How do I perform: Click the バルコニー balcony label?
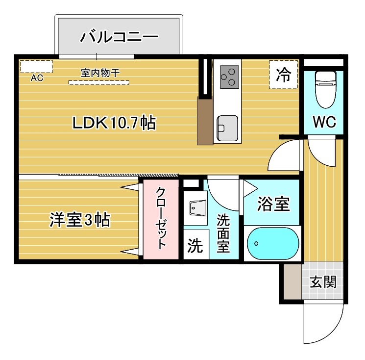(x=120, y=36)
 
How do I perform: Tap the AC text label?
(x=36, y=78)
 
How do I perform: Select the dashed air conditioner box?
(x=36, y=66)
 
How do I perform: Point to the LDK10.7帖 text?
(x=114, y=123)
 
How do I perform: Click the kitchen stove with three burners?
(x=228, y=77)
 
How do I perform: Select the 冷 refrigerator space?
(x=283, y=75)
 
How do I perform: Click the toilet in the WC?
(x=324, y=89)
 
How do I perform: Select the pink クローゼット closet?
(x=161, y=219)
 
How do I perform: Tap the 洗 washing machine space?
(x=195, y=246)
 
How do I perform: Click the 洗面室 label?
(x=223, y=232)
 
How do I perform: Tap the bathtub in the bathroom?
(x=272, y=243)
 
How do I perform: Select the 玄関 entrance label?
(x=323, y=282)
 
